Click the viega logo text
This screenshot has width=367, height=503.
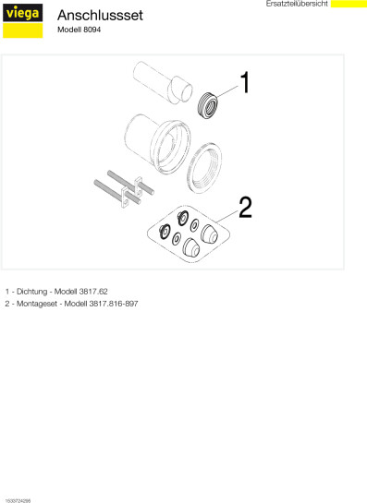click(x=22, y=13)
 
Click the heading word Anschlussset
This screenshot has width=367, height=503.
click(x=100, y=15)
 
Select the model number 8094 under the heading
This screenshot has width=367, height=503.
click(x=92, y=30)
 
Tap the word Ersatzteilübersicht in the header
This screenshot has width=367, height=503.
click(x=297, y=4)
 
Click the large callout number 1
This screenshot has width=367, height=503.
click(x=245, y=82)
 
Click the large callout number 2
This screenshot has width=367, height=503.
click(x=245, y=208)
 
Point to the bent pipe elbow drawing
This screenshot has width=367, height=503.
click(x=164, y=82)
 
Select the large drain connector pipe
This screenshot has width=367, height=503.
click(x=157, y=144)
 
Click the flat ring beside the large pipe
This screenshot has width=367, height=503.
click(x=204, y=168)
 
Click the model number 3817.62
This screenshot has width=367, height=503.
click(x=93, y=292)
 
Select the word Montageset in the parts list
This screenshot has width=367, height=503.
click(x=37, y=304)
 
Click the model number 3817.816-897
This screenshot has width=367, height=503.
click(x=114, y=304)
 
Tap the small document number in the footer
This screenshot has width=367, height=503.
click(x=18, y=500)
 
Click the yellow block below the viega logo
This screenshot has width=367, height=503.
click(x=22, y=30)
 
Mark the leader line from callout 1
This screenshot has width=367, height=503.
click(x=226, y=91)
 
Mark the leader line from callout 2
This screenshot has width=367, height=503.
click(x=227, y=217)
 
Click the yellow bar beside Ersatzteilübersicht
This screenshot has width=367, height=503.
click(x=349, y=4)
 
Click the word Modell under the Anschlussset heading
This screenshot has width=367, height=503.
click(x=69, y=30)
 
